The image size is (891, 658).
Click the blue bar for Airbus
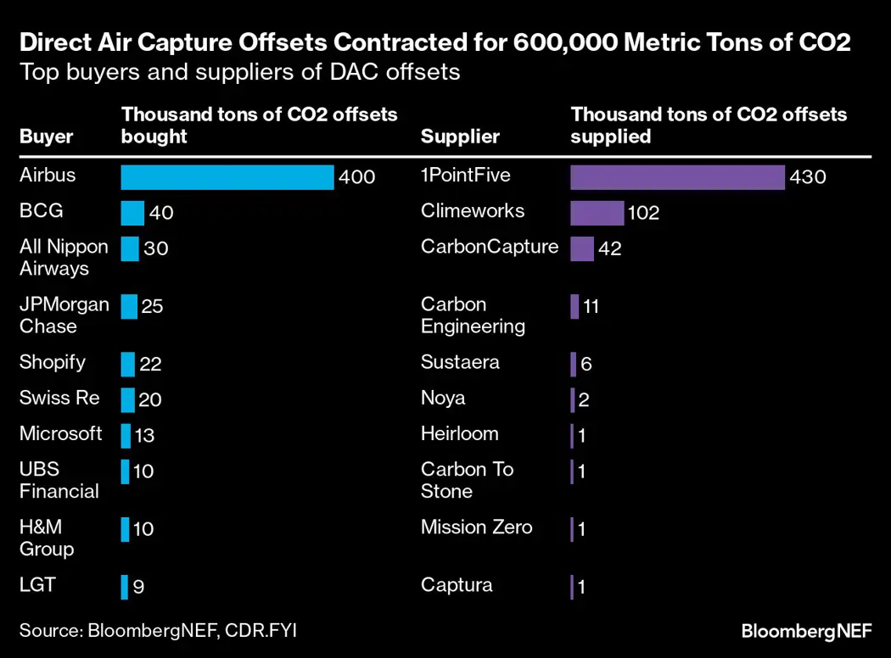(227, 177)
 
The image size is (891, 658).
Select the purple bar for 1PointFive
(677, 177)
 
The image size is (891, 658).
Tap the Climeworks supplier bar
(597, 213)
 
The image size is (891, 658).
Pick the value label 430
(807, 177)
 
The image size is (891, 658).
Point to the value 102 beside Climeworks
(643, 214)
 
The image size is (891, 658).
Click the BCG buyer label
(41, 211)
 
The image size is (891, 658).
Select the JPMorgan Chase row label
(64, 315)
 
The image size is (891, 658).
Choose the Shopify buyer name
(53, 362)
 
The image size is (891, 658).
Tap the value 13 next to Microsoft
(143, 436)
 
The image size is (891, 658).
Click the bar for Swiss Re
(128, 399)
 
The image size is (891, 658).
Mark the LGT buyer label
(37, 585)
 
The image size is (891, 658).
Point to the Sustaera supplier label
(460, 362)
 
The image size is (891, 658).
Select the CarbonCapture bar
(582, 248)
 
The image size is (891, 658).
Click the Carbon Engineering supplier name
(473, 315)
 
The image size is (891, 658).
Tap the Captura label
(457, 585)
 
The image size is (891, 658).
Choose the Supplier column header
(460, 137)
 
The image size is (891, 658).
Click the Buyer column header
(47, 137)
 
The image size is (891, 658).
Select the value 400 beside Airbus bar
(356, 178)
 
